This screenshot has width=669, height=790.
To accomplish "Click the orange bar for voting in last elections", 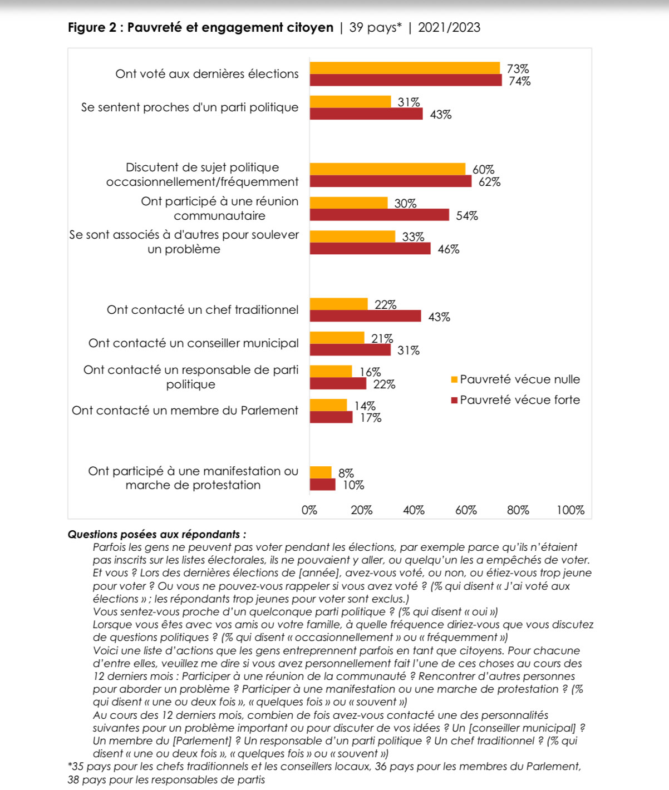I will tap(405, 68).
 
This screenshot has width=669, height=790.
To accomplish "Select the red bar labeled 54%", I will tap(379, 215).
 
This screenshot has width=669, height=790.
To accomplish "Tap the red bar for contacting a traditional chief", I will tap(365, 316).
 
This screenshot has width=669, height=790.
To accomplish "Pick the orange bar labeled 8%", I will tap(321, 472).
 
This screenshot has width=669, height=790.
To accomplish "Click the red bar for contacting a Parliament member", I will tap(331, 417).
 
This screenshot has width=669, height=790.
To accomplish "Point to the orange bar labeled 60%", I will tap(387, 169).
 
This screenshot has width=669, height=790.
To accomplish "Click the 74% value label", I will tap(519, 81).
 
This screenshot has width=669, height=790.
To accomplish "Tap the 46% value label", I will tap(448, 249).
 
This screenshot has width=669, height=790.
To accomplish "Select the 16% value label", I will tap(370, 372).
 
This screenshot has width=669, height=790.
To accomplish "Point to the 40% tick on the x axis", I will tap(414, 510).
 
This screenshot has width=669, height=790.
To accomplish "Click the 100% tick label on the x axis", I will tap(570, 510).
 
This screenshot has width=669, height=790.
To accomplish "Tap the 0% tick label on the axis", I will tap(309, 510).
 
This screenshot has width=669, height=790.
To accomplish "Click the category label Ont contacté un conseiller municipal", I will tap(193, 343).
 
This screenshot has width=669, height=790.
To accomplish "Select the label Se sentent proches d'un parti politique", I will tap(190, 107).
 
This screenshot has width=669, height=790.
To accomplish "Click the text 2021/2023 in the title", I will tap(449, 27).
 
